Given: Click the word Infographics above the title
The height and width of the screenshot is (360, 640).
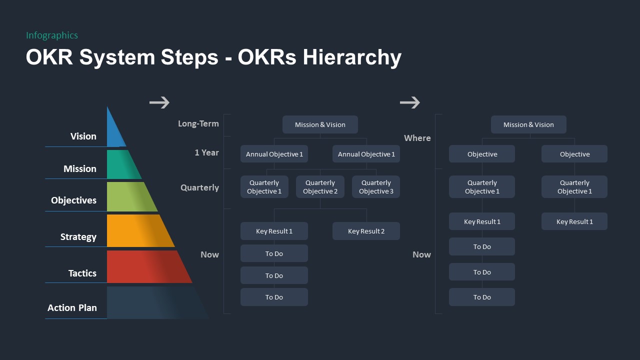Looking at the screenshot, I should (x=52, y=35).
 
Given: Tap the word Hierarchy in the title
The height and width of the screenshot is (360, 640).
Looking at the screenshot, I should (x=352, y=57).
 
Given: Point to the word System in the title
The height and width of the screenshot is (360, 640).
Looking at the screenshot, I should (x=117, y=57).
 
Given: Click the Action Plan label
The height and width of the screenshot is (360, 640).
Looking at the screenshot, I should (x=72, y=308).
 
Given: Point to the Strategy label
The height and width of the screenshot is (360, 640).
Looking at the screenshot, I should (x=78, y=237).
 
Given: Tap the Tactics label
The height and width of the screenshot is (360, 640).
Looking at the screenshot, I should (x=82, y=273).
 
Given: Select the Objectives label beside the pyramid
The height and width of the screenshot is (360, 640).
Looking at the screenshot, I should (x=73, y=200).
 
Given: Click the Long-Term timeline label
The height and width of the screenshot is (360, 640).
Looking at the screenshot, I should (x=198, y=123).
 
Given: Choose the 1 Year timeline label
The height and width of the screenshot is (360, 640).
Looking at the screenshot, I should (x=207, y=152).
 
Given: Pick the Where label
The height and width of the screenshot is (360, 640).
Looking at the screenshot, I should (x=417, y=138).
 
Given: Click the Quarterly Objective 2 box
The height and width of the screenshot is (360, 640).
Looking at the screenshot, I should (x=320, y=187).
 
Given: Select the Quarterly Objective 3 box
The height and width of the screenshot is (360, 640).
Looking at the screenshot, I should (x=376, y=187).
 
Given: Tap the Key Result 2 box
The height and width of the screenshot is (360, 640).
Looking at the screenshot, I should (x=366, y=231).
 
